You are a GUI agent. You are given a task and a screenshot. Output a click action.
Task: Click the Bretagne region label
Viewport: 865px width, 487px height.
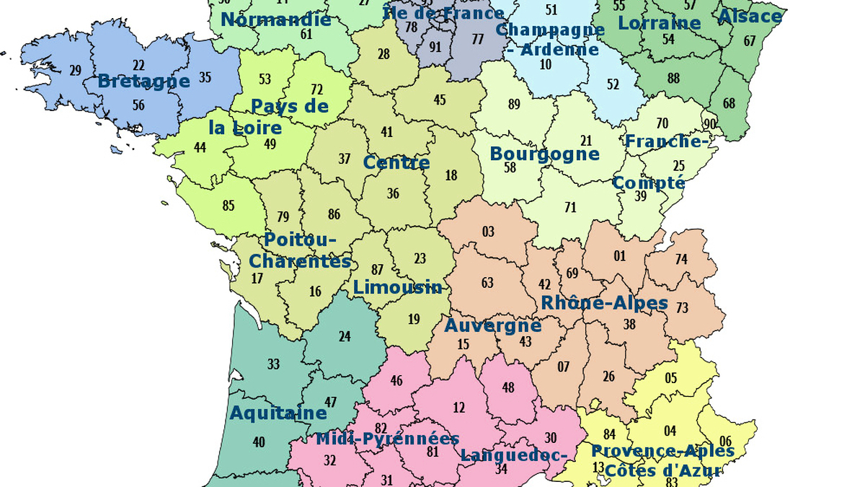[143, 81]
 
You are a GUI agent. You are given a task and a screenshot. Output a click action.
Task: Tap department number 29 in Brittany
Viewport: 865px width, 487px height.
[75, 70]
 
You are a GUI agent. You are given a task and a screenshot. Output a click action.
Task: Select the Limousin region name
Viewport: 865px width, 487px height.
[397, 287]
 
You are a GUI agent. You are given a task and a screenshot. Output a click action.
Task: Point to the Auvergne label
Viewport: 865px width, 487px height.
[492, 325]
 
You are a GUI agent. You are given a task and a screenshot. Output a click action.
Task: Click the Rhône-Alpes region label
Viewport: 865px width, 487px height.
[604, 302]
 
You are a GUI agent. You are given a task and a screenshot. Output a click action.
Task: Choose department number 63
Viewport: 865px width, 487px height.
[487, 283]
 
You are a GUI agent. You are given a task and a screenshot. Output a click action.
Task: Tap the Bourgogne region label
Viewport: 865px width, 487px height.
[544, 154]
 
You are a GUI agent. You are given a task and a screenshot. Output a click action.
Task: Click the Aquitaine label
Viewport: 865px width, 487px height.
[278, 413]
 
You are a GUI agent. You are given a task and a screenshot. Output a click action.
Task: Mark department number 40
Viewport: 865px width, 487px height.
[259, 442]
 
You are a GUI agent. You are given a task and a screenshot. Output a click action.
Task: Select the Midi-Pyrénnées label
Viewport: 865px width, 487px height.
[387, 439]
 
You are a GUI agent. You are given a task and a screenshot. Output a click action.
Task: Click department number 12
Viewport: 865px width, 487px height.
[459, 408]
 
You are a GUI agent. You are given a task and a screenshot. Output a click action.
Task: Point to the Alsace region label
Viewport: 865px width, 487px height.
[750, 16]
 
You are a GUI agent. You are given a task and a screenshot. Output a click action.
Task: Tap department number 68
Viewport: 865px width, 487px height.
[729, 103]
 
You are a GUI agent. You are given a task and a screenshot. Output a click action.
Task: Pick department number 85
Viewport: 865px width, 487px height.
[229, 206]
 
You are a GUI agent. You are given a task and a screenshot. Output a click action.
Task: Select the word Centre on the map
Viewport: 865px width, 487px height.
[396, 162]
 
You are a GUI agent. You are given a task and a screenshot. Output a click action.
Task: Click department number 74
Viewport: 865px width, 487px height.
[681, 260]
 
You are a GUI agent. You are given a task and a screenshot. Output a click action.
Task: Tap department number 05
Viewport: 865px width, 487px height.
[671, 378]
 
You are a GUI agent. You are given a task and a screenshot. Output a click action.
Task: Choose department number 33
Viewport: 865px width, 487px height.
[273, 364]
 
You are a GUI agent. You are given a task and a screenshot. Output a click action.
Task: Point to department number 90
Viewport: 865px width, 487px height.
[710, 124]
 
